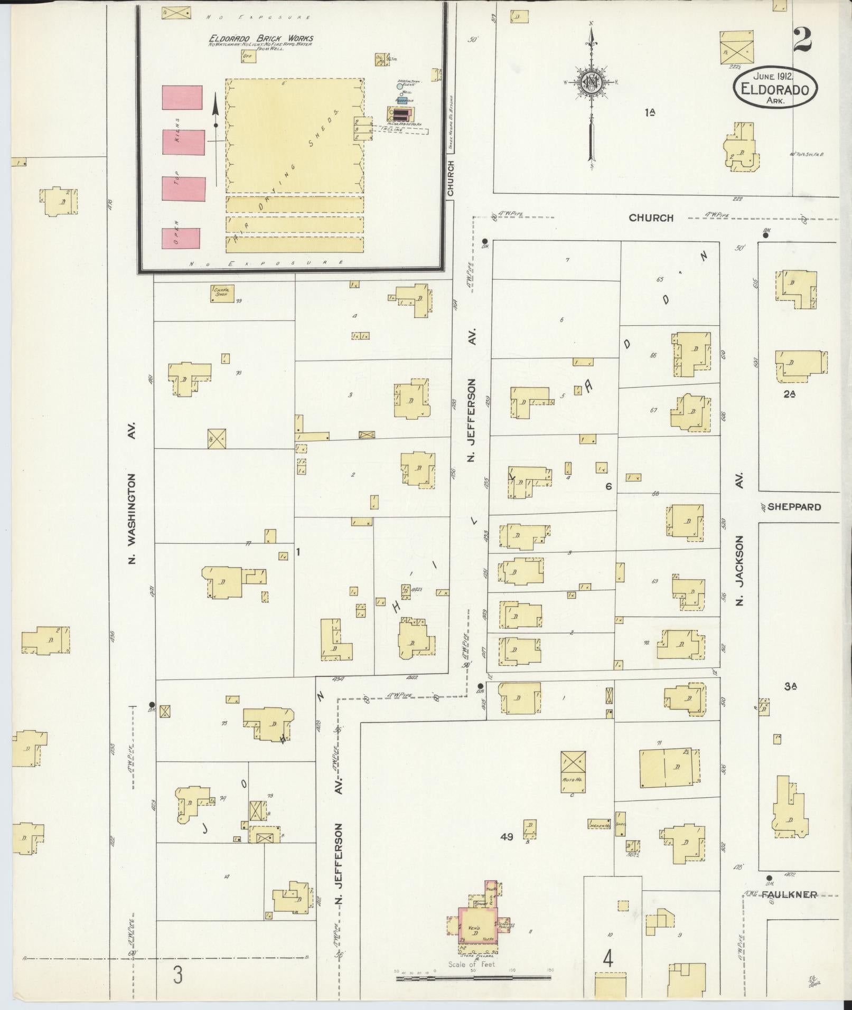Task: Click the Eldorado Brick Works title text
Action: [x=261, y=38]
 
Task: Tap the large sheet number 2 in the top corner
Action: [x=802, y=40]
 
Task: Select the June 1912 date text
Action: [x=775, y=77]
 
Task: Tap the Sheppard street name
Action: [x=794, y=507]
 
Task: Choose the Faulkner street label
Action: [x=792, y=894]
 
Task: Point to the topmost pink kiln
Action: [x=182, y=97]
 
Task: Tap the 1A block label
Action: [x=650, y=112]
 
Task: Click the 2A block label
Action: [x=790, y=393]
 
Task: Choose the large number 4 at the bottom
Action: [x=608, y=958]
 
